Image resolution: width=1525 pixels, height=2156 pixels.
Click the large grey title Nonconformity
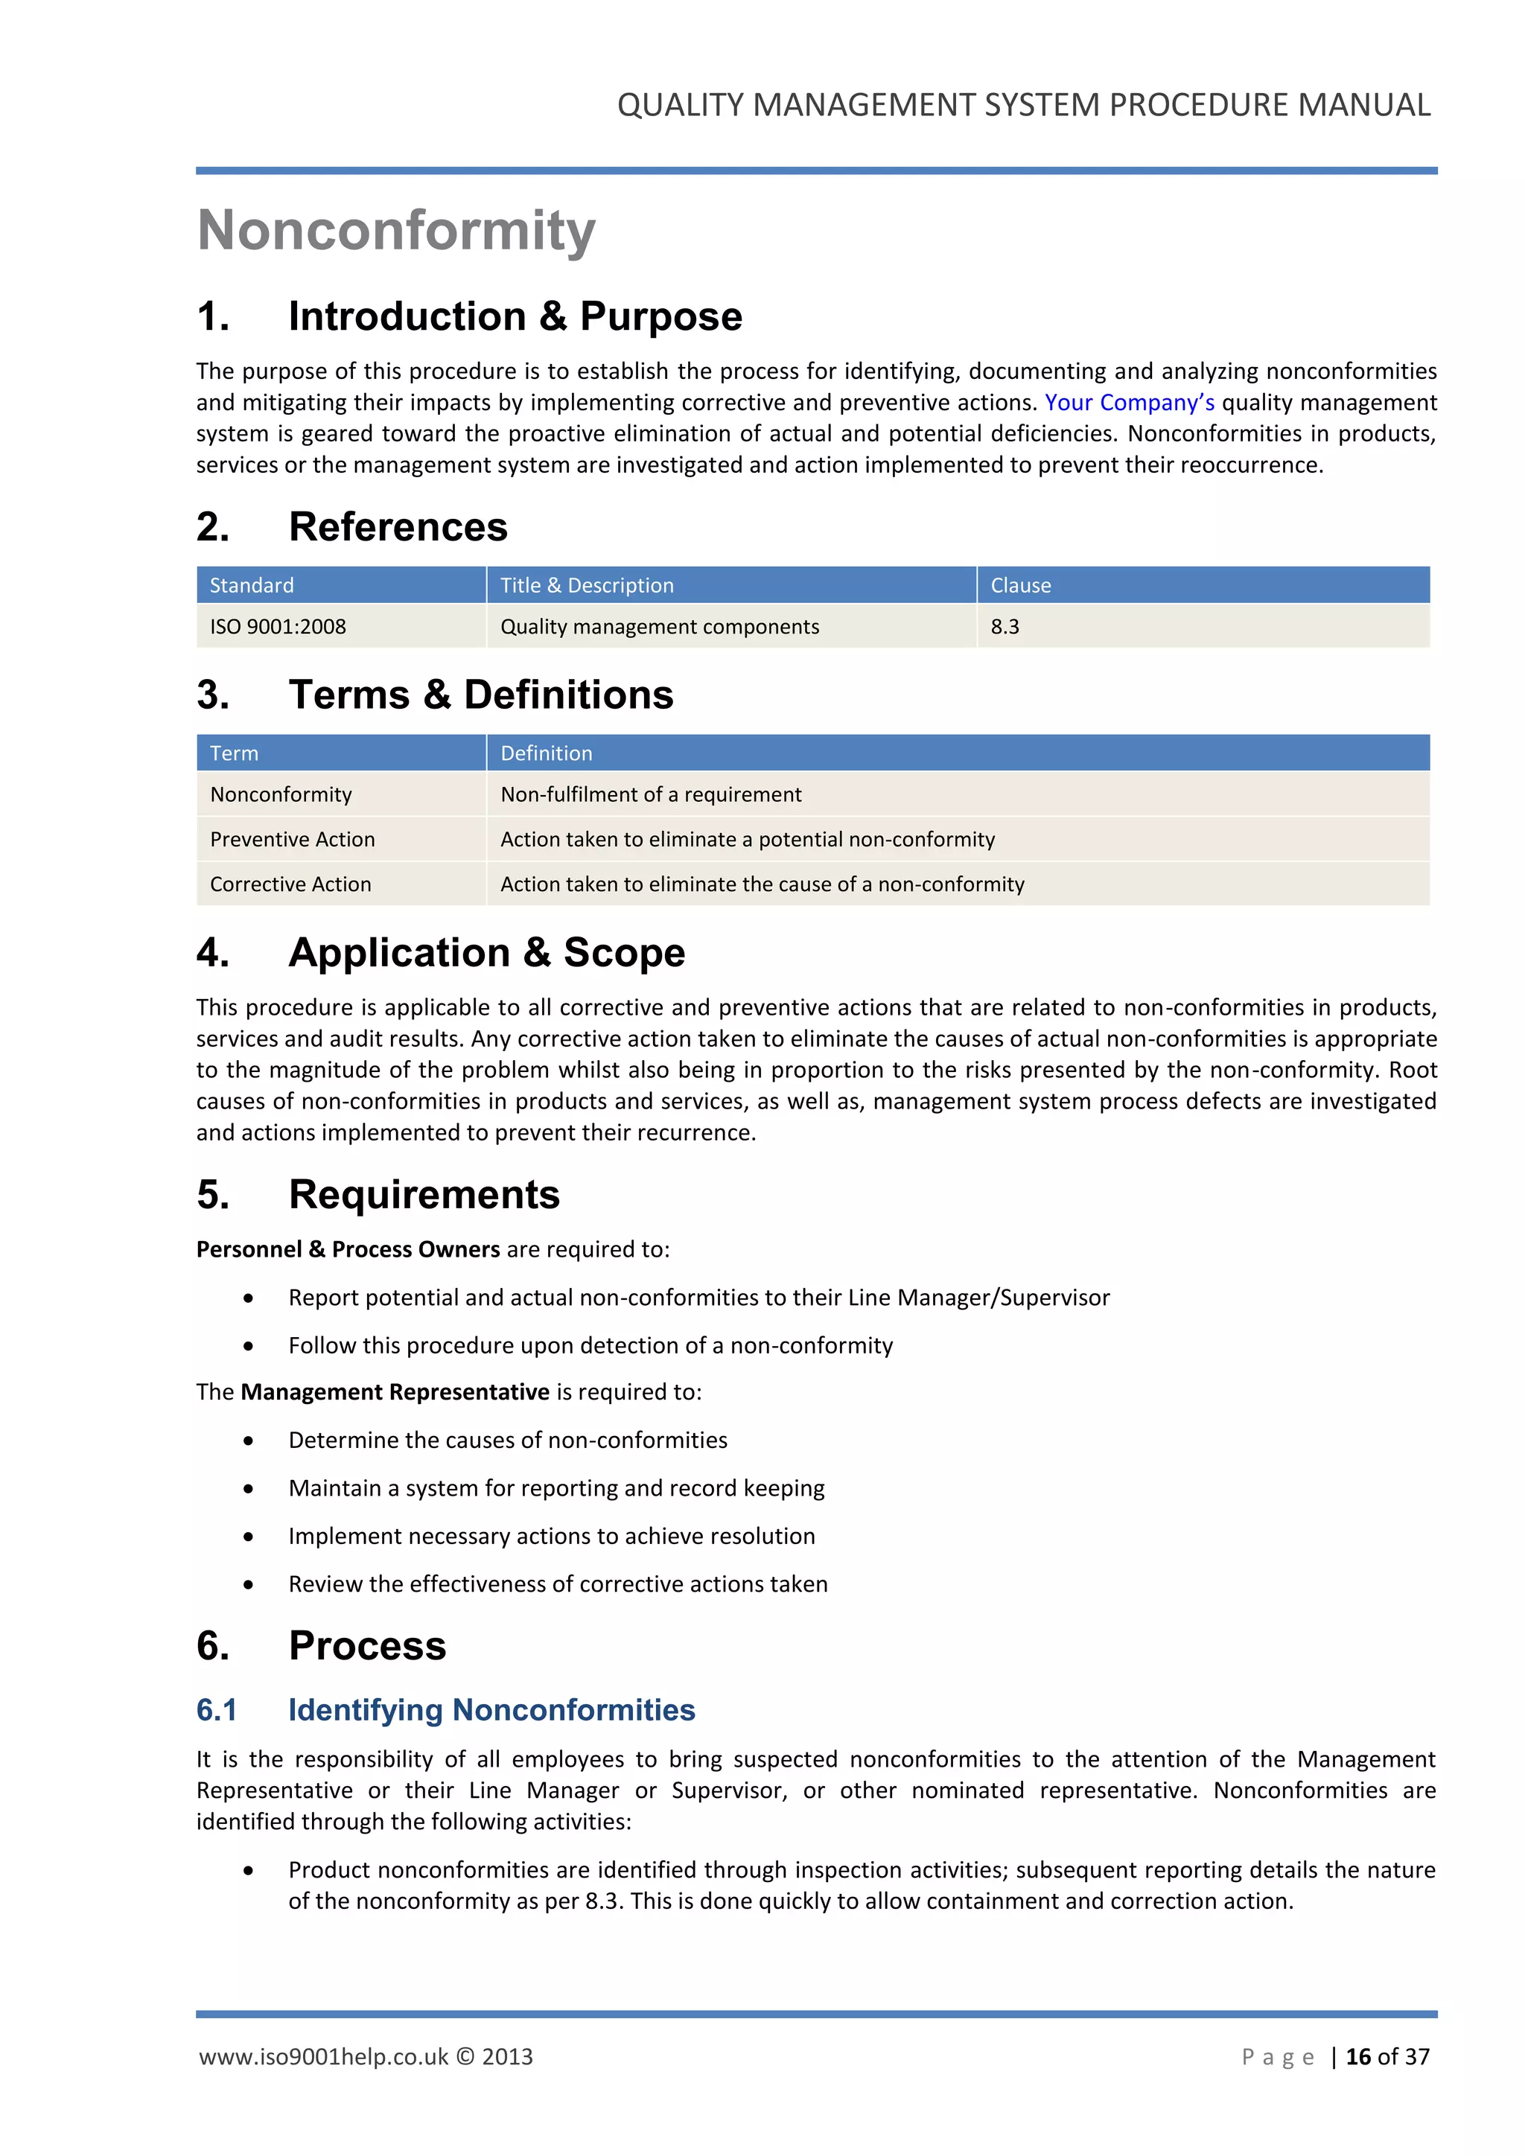tap(396, 230)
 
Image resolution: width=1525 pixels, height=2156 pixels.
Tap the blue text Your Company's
tap(1129, 403)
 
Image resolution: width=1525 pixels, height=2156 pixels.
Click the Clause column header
tap(1020, 585)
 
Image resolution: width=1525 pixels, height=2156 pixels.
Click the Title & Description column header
tap(587, 585)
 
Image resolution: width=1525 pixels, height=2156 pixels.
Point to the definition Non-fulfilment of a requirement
tap(651, 794)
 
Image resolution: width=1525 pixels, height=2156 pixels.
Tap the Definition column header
tap(546, 753)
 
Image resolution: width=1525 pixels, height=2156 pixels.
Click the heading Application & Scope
tap(486, 952)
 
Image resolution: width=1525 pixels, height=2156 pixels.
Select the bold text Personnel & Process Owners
tap(348, 1250)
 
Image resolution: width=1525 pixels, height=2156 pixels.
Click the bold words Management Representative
tap(395, 1391)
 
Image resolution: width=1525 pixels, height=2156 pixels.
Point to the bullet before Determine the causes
tap(248, 1441)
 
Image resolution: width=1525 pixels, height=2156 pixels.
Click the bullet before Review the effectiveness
tap(248, 1585)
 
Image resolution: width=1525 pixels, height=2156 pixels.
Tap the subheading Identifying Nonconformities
tap(491, 1710)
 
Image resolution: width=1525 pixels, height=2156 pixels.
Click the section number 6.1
tap(217, 1710)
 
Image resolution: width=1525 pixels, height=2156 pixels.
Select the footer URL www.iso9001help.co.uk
tap(324, 2056)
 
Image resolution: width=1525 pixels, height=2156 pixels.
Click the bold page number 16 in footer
tap(1358, 2056)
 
